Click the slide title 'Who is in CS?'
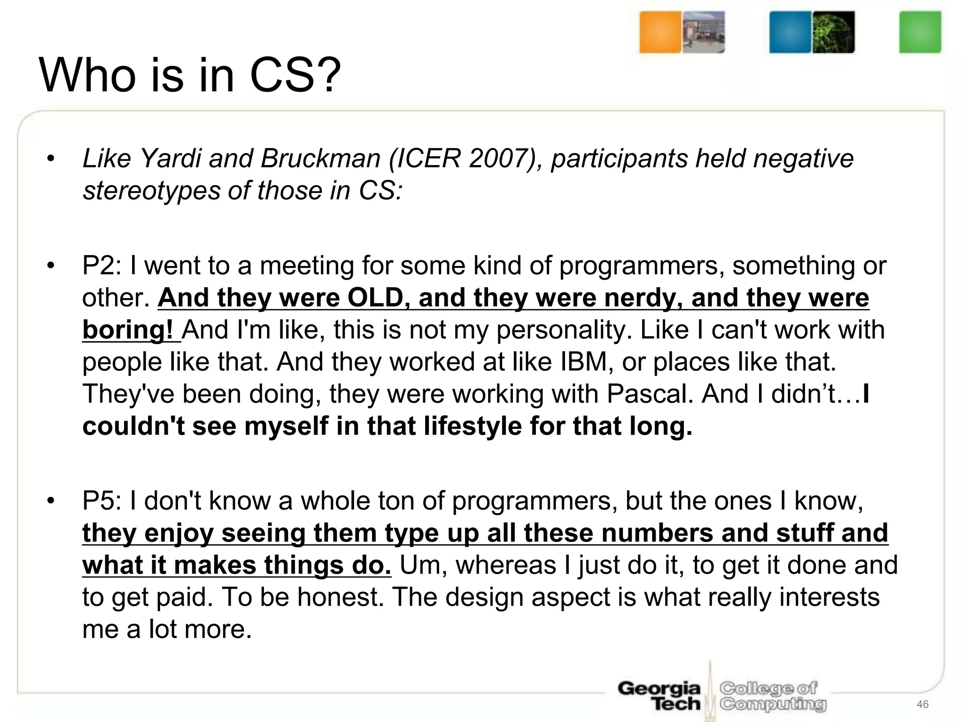pyautogui.click(x=190, y=75)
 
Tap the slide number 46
pyautogui.click(x=923, y=704)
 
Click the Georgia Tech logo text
pyautogui.click(x=659, y=696)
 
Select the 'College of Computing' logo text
pyautogui.click(x=773, y=696)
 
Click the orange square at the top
pyautogui.click(x=659, y=32)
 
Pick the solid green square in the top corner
pyautogui.click(x=920, y=32)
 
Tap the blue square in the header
pyautogui.click(x=790, y=32)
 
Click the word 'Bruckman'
pyautogui.click(x=320, y=158)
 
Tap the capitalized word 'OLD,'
pyautogui.click(x=378, y=298)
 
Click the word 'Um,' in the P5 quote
pyautogui.click(x=423, y=565)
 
